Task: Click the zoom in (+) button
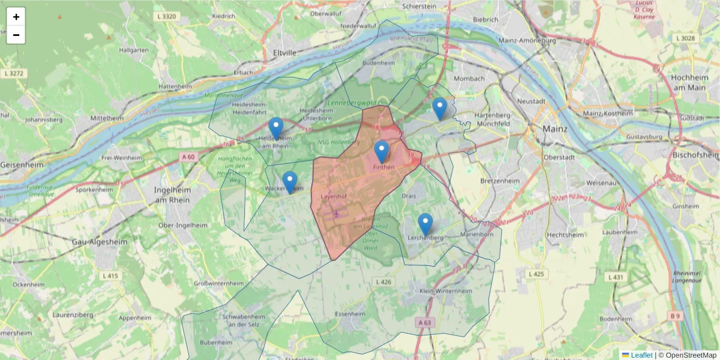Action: pos(16,17)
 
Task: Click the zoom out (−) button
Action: pos(16,35)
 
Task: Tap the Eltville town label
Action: pos(284,53)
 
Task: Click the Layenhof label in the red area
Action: pos(334,196)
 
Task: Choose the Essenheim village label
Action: pos(350,314)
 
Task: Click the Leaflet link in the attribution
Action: pos(641,355)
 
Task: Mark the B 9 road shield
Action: pos(675,315)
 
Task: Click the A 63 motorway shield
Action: pos(424,323)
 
